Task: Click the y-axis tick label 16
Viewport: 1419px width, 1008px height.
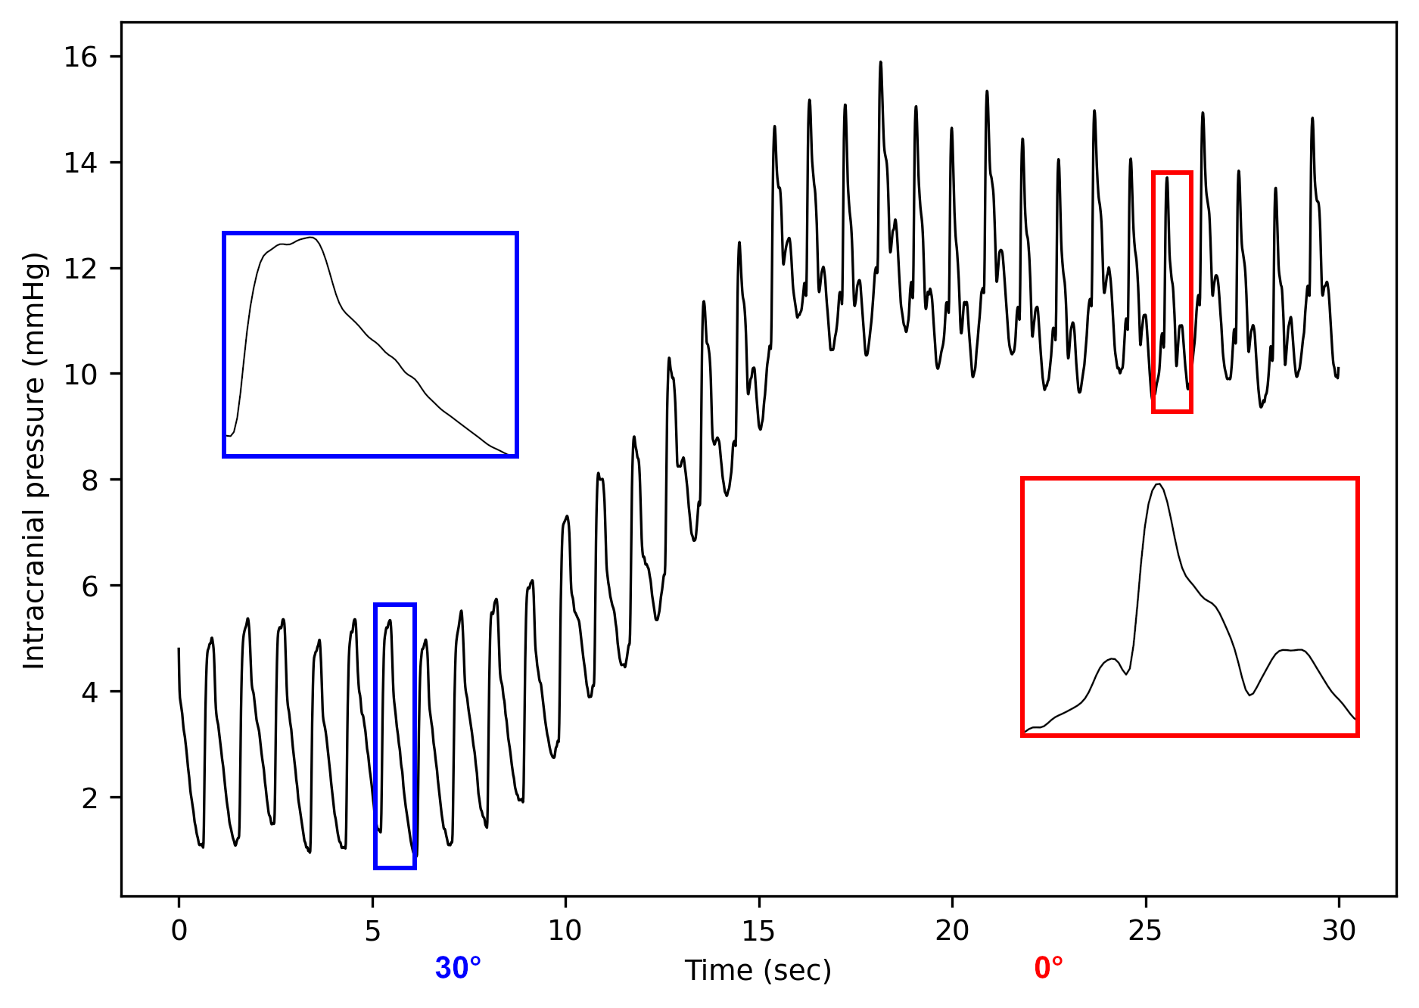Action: click(x=81, y=58)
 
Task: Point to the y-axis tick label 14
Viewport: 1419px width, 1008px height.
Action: click(x=81, y=163)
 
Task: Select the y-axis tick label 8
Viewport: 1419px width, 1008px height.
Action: click(x=90, y=481)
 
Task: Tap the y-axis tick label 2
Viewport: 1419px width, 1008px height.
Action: click(x=90, y=798)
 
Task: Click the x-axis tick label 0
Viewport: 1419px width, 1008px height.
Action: click(x=179, y=930)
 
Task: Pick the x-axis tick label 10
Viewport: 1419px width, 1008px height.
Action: click(x=565, y=930)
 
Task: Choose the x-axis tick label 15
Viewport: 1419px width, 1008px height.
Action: click(x=758, y=930)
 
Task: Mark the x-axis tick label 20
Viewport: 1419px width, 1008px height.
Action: click(x=952, y=930)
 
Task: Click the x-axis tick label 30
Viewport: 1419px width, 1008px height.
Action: click(x=1339, y=930)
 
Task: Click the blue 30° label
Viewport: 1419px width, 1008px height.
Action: click(x=458, y=969)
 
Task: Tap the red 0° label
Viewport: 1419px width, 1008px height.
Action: click(x=1049, y=969)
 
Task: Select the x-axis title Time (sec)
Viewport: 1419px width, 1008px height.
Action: click(x=758, y=970)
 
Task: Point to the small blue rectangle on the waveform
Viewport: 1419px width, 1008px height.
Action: click(x=395, y=736)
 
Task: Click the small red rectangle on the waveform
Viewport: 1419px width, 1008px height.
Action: click(x=1172, y=292)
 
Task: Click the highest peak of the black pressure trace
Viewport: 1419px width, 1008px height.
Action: click(x=880, y=63)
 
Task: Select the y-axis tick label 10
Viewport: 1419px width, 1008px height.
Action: click(x=81, y=375)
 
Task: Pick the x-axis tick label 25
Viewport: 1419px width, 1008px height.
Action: click(x=1145, y=930)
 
